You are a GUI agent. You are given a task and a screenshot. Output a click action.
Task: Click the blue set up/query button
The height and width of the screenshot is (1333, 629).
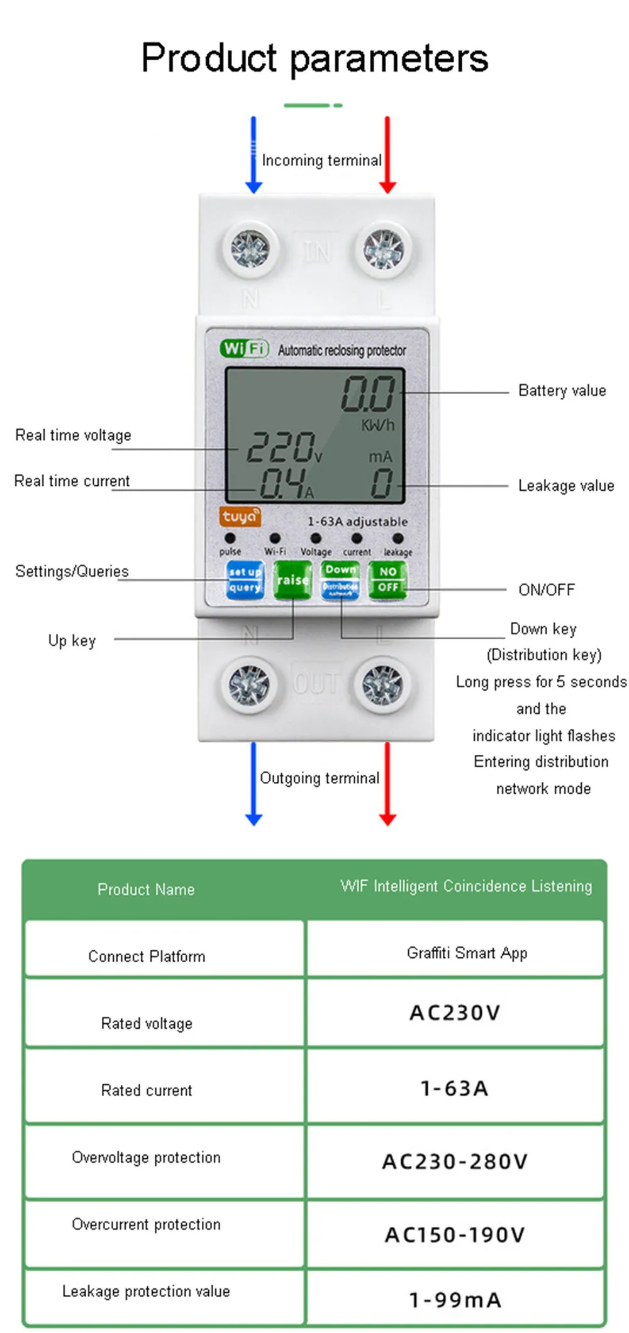245,579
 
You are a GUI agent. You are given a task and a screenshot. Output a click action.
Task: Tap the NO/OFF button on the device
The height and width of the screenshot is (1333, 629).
387,579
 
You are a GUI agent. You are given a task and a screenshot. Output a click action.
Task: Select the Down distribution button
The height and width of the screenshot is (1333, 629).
340,579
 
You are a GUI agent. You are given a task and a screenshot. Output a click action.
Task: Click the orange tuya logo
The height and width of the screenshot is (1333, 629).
240,517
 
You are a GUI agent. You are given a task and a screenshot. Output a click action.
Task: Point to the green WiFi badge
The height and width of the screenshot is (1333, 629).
244,348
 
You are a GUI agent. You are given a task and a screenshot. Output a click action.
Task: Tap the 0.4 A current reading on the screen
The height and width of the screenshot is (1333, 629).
283,483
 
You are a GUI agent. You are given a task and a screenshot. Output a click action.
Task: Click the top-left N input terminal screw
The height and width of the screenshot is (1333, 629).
250,249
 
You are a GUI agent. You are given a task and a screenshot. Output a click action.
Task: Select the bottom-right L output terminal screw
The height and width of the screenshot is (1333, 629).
382,684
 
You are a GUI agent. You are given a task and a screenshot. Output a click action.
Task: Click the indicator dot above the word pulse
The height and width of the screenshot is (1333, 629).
230,538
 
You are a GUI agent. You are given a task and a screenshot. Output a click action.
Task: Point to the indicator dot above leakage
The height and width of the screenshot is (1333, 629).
398,538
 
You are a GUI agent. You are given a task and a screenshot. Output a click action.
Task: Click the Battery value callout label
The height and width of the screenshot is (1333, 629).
562,391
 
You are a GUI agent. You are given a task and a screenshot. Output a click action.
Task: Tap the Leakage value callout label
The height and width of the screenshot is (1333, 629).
565,486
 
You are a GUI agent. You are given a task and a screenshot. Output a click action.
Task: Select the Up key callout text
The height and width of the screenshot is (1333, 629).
72,640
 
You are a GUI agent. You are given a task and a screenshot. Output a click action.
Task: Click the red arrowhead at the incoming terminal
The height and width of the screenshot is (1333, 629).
387,187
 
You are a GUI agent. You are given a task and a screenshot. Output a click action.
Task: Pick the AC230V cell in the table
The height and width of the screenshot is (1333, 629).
454,1012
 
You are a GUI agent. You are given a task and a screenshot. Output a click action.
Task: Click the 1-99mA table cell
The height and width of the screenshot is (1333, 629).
454,1299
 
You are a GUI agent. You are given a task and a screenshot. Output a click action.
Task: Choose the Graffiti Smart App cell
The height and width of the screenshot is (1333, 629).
467,953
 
